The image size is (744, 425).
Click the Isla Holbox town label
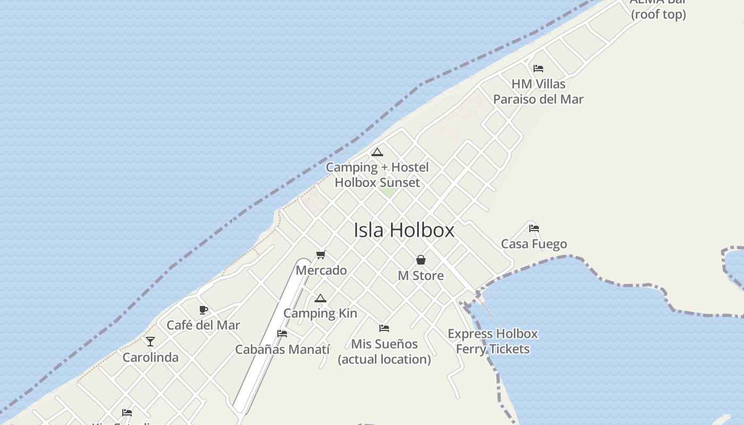(404, 230)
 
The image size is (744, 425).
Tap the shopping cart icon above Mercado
(320, 255)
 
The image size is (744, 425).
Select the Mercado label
(321, 270)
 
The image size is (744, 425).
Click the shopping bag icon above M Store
(421, 260)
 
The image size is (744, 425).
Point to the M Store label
(421, 276)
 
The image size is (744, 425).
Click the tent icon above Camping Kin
(320, 299)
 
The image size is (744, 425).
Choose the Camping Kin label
(320, 313)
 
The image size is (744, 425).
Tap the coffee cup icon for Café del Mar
(203, 310)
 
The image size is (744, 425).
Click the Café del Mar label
(204, 325)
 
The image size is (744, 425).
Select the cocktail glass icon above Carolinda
(150, 342)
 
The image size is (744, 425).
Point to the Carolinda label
(150, 357)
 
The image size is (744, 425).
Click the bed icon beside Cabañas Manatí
(282, 334)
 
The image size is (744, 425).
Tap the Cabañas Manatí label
(283, 350)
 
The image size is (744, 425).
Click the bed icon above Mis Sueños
(384, 328)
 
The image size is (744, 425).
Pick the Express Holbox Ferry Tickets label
(493, 342)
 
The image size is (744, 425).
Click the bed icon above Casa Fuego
(534, 228)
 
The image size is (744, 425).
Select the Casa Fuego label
(534, 244)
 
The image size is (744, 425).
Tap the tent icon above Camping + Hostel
(377, 152)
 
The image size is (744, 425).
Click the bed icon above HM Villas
(538, 69)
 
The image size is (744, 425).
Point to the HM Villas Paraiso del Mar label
(538, 91)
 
